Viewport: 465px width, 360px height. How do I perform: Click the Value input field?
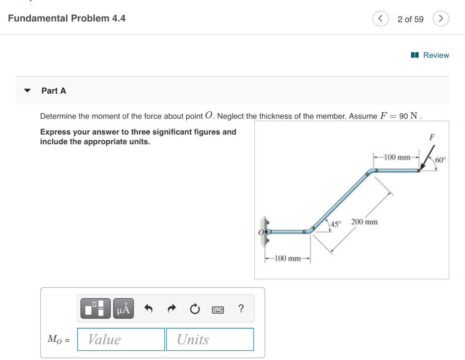pyautogui.click(x=121, y=339)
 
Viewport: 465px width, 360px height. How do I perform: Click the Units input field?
pyautogui.click(x=210, y=339)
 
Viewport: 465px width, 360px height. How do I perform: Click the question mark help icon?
pyautogui.click(x=241, y=309)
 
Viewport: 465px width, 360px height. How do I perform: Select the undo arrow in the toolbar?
pyautogui.click(x=148, y=309)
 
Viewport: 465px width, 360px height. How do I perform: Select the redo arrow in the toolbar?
pyautogui.click(x=171, y=309)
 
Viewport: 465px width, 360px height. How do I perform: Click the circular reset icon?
pyautogui.click(x=194, y=309)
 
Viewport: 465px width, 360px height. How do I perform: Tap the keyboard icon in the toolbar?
pyautogui.click(x=218, y=310)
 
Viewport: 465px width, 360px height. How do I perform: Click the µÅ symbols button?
pyautogui.click(x=124, y=309)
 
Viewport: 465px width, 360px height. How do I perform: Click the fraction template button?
pyautogui.click(x=95, y=309)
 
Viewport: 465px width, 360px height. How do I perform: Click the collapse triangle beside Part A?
pyautogui.click(x=28, y=90)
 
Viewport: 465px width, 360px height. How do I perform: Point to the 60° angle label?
pyautogui.click(x=440, y=160)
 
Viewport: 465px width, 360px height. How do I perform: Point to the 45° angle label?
pyautogui.click(x=336, y=224)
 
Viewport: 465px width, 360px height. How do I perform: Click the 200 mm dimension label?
pyautogui.click(x=364, y=222)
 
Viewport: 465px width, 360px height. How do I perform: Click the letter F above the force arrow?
pyautogui.click(x=432, y=137)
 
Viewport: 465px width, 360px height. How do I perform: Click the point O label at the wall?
pyautogui.click(x=261, y=232)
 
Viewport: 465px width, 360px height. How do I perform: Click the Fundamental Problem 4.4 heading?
pyautogui.click(x=67, y=19)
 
